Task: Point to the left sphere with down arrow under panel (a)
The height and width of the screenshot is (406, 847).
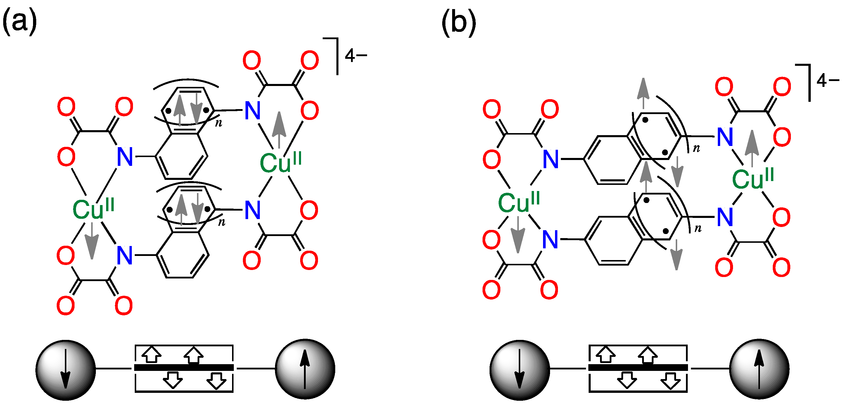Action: (x=65, y=370)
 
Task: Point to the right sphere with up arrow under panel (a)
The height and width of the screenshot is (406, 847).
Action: (x=305, y=369)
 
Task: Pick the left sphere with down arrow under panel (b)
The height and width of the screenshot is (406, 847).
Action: (x=520, y=370)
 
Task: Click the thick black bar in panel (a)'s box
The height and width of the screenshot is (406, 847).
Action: (x=184, y=367)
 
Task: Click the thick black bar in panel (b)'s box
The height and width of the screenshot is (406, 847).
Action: (x=638, y=367)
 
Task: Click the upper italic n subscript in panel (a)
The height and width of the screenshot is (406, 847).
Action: (x=219, y=123)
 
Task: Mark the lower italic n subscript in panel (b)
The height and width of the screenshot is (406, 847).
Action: (x=698, y=228)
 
